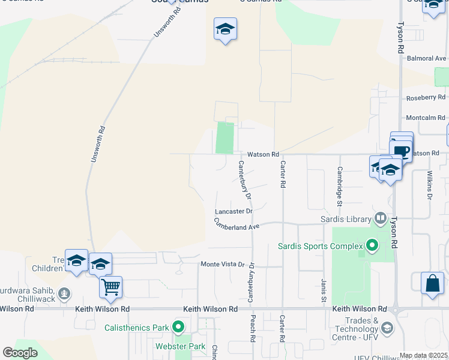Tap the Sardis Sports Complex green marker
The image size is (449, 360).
pos(372,245)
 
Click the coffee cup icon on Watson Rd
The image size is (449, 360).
pos(402,152)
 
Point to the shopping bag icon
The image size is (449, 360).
pos(432,283)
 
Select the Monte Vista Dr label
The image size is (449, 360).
pos(223,264)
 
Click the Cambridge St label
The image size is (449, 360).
pos(339,187)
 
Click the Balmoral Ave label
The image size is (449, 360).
pos(427,58)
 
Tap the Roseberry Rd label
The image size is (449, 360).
pos(426,97)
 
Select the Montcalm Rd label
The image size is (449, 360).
pos(426,118)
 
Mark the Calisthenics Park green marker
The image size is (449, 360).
pos(178,328)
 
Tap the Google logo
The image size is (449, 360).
pos(20,353)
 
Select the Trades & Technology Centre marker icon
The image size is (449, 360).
pos(387,328)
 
